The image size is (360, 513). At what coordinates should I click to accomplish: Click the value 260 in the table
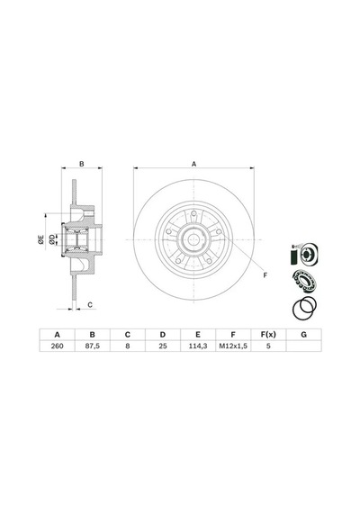57,346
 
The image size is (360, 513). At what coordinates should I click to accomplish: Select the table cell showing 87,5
93,346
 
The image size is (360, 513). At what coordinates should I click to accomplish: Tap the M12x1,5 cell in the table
233,346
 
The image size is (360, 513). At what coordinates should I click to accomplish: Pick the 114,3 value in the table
198,346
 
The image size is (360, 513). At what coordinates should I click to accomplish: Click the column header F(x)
268,335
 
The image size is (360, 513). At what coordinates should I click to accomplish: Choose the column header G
303,335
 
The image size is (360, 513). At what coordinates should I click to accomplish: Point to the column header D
163,335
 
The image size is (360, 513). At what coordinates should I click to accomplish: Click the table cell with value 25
163,346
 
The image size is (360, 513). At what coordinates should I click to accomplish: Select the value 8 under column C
127,346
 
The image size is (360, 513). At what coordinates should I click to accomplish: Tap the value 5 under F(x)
268,346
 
